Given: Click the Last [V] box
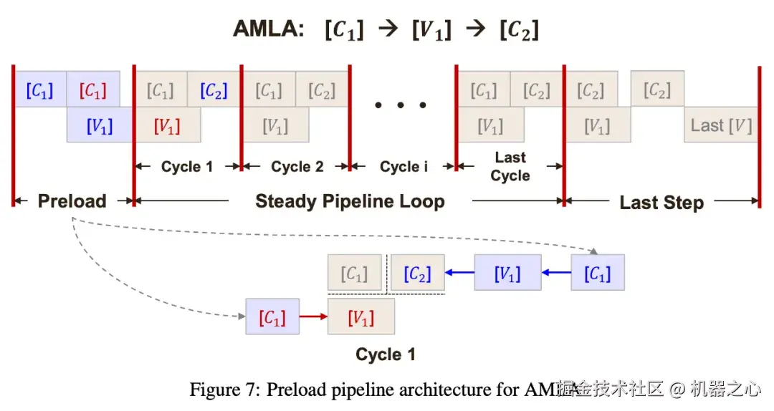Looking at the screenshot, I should coord(721,125).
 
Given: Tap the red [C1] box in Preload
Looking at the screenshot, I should coord(93,90).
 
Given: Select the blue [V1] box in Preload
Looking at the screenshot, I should coord(100,125).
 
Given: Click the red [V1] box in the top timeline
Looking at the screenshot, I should coord(167,125).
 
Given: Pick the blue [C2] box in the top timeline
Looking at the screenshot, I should coord(214,90).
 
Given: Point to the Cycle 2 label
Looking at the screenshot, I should coord(297,167).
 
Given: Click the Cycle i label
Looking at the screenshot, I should coord(404,167).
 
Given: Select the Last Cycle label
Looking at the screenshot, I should coord(510,167).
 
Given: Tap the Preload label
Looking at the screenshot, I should coord(72,201).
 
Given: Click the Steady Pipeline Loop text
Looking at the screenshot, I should coord(350,201).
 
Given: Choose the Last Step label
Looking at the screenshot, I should coord(661,203).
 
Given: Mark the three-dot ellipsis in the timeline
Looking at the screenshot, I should coord(402,105).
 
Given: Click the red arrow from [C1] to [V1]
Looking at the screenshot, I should coord(313,316).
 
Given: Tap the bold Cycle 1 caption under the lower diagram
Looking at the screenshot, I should coord(385,354).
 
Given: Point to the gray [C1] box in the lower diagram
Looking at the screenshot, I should coord(355,273).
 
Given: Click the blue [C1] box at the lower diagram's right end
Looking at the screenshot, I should coord(597,273).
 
